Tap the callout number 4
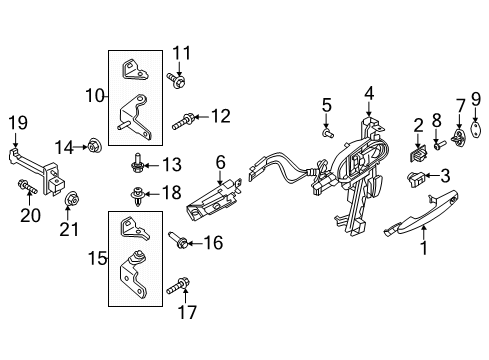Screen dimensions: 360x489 pos(369,94)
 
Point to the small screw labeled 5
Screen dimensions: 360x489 pos(326,130)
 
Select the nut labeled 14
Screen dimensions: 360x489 pos(92,148)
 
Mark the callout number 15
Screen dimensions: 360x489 pos(97,258)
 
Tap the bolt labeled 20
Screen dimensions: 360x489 pos(24,187)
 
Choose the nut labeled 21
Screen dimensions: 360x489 pos(70,206)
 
